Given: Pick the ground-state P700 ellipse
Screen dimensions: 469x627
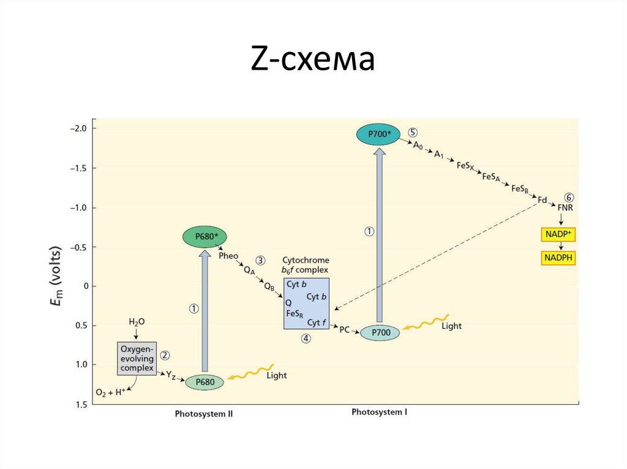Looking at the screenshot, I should [380, 332].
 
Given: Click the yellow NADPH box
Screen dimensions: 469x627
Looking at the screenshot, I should [558, 258].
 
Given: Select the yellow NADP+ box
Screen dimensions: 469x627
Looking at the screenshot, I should [559, 234].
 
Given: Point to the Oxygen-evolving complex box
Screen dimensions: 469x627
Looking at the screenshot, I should [137, 358].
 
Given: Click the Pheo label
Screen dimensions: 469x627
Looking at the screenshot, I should [228, 256].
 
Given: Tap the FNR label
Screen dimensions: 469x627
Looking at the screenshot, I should [565, 208].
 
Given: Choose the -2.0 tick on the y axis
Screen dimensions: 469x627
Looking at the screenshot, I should [80, 128].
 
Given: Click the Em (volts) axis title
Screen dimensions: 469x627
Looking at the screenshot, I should [56, 267].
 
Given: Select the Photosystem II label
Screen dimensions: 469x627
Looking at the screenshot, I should [204, 414].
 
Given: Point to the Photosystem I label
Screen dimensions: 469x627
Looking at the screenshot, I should [379, 412].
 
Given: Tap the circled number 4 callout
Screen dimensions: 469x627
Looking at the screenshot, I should [306, 338].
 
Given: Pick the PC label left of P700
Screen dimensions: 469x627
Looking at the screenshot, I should [344, 330].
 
